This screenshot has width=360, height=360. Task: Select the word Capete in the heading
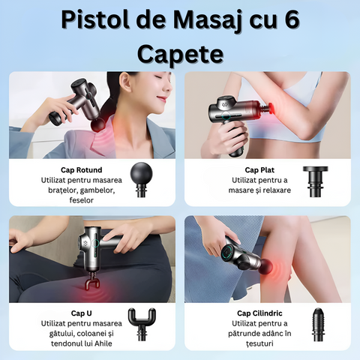tap(179, 54)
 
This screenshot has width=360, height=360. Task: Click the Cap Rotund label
tap(82, 169)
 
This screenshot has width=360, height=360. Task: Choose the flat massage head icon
tap(315, 181)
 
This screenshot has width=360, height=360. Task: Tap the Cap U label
tap(82, 312)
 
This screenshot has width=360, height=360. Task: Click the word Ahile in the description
tap(111, 343)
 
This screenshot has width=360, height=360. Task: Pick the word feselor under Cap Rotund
tap(81, 201)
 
